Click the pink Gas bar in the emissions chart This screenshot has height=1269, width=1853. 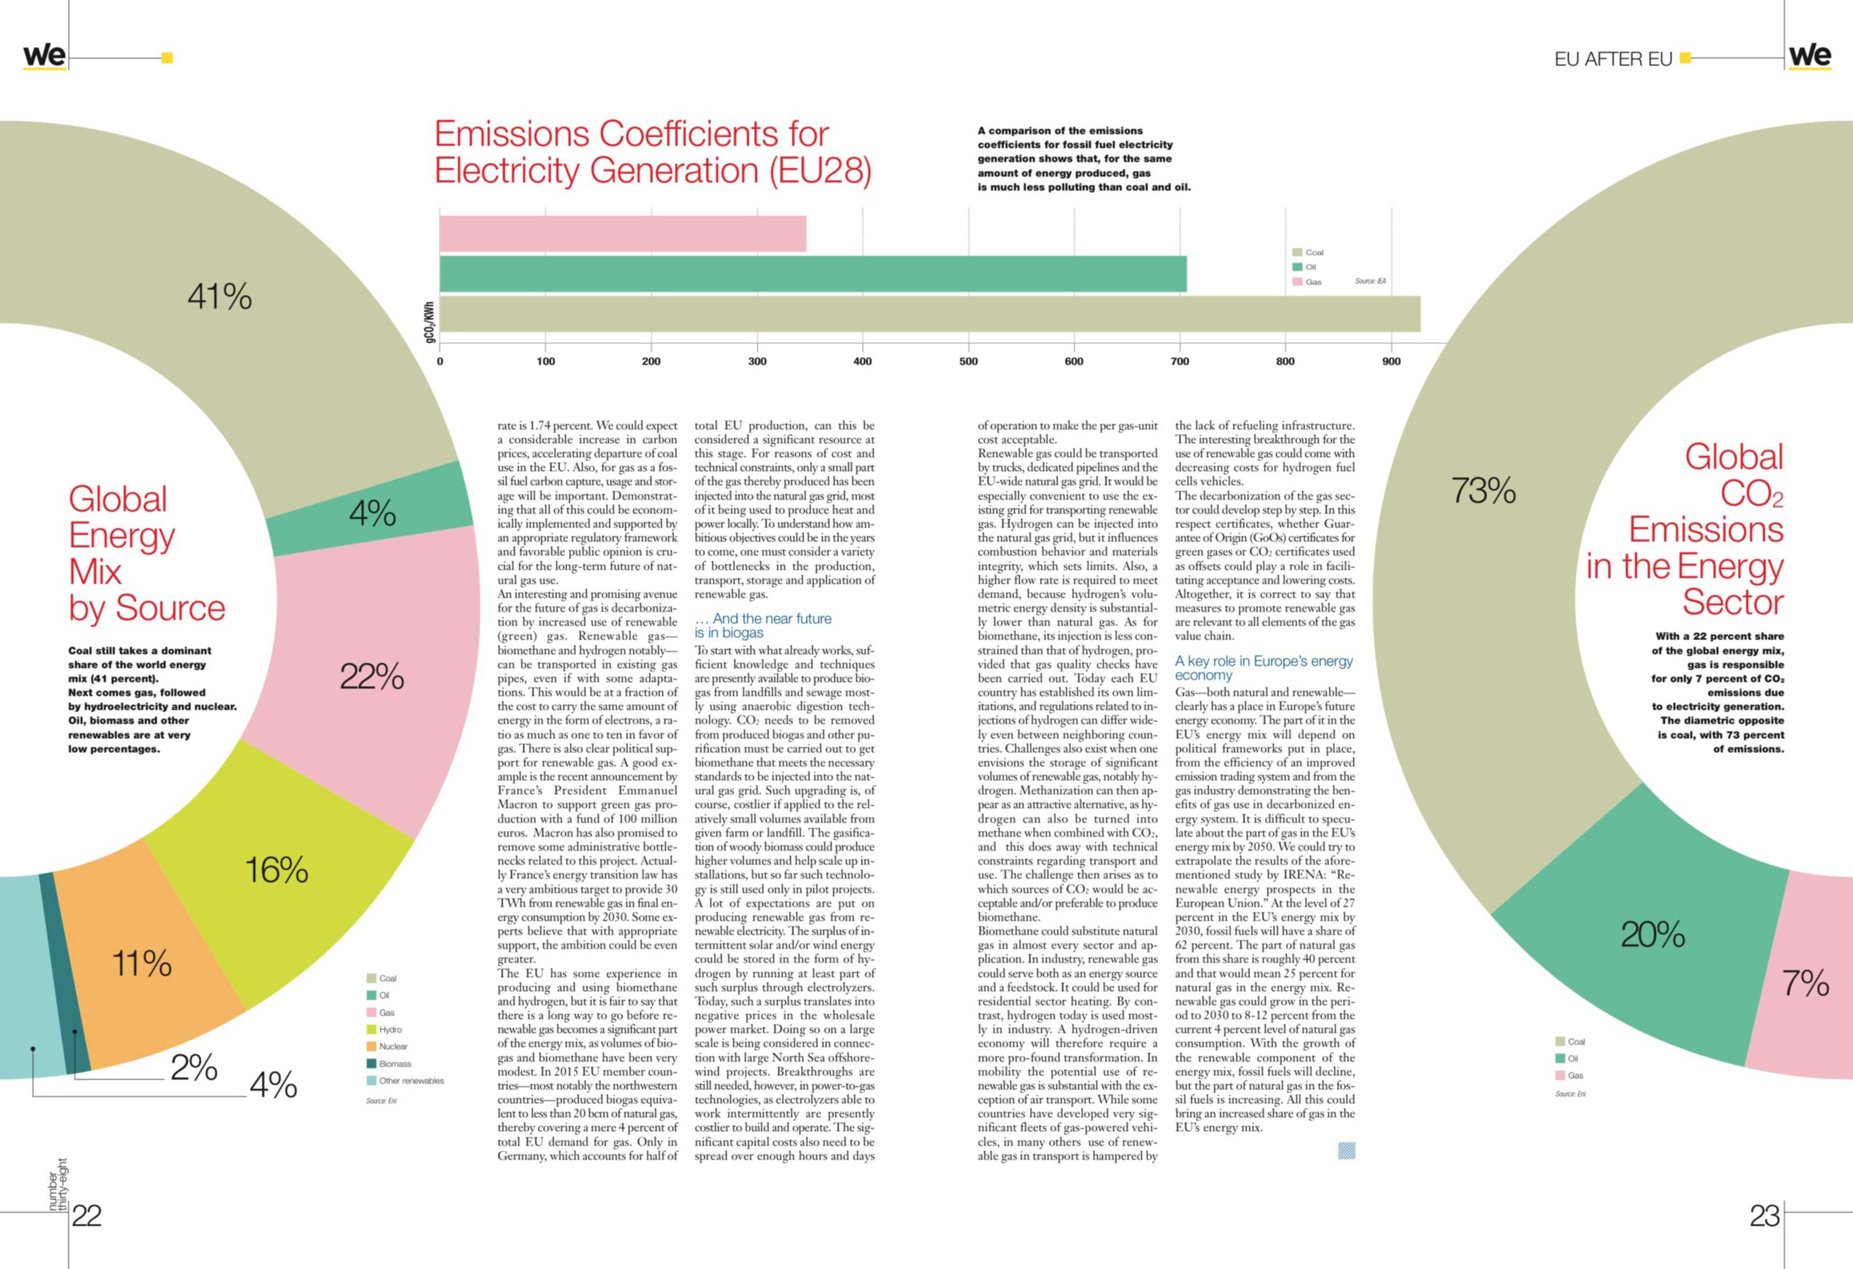pyautogui.click(x=623, y=234)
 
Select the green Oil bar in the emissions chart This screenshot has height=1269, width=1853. pyautogui.click(x=813, y=274)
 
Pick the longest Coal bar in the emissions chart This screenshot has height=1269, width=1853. pyautogui.click(x=929, y=313)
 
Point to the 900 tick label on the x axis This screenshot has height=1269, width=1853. pyautogui.click(x=1391, y=361)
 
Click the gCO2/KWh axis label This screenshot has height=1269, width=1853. pyautogui.click(x=430, y=322)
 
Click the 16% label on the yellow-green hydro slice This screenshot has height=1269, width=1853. pyautogui.click(x=277, y=870)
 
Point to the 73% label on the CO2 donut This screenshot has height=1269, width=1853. pyautogui.click(x=1483, y=490)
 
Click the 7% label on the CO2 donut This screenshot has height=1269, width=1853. pyautogui.click(x=1806, y=983)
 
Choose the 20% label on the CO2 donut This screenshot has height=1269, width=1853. pyautogui.click(x=1653, y=934)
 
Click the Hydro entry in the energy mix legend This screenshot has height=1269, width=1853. pyautogui.click(x=384, y=1029)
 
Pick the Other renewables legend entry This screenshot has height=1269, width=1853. pyautogui.click(x=405, y=1081)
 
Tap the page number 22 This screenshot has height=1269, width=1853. pyautogui.click(x=87, y=1216)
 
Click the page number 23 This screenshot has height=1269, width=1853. pyautogui.click(x=1765, y=1216)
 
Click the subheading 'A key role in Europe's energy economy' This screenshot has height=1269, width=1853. pyautogui.click(x=1264, y=668)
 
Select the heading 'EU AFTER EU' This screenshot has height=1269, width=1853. pyautogui.click(x=1613, y=59)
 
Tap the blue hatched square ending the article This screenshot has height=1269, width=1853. pyautogui.click(x=1347, y=1150)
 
